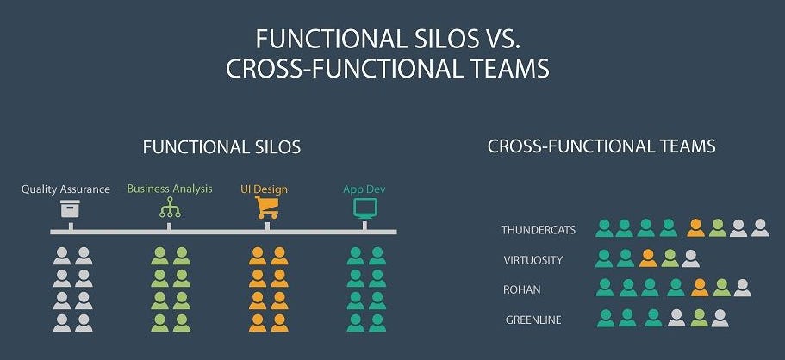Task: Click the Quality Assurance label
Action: point(65,189)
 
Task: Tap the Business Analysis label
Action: point(170,189)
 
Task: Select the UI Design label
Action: point(264,189)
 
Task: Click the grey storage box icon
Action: point(70,208)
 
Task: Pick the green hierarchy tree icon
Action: point(170,208)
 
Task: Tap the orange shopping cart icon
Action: point(267,208)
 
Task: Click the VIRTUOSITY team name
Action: point(533,260)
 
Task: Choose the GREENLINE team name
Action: point(533,320)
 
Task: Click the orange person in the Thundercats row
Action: point(696,228)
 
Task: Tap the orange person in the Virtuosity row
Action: point(648,258)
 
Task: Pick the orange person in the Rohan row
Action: point(700,288)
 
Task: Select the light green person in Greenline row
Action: point(700,318)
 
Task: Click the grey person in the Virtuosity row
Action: point(690,258)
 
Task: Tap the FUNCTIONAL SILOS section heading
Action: point(221,147)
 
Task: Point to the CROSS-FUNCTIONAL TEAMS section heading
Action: point(601,146)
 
